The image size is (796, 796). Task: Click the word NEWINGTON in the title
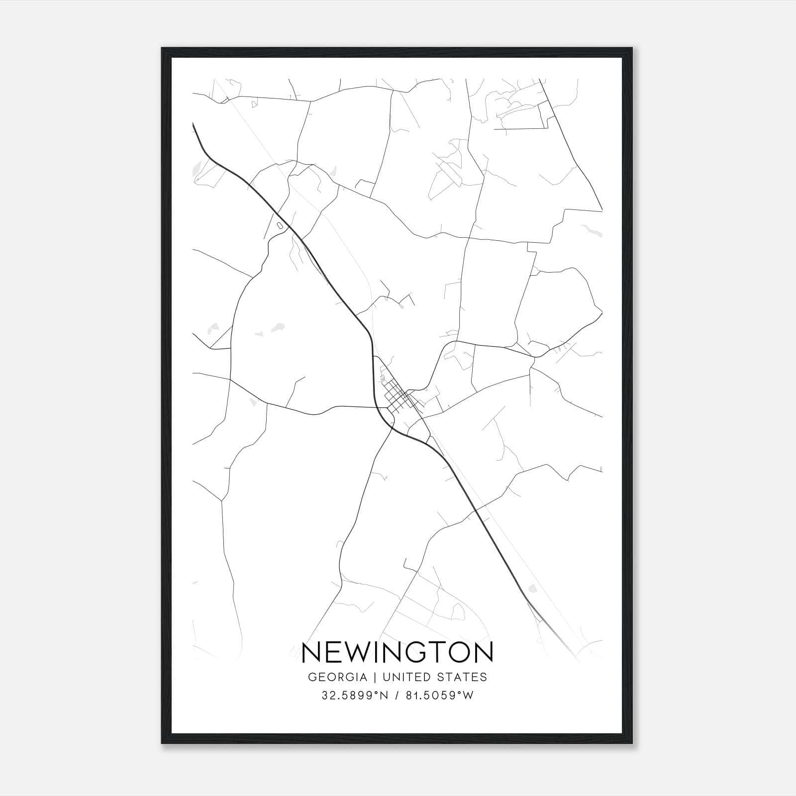[398, 652]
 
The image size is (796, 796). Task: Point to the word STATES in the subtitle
[463, 677]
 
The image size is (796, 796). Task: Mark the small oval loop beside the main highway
[280, 226]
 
